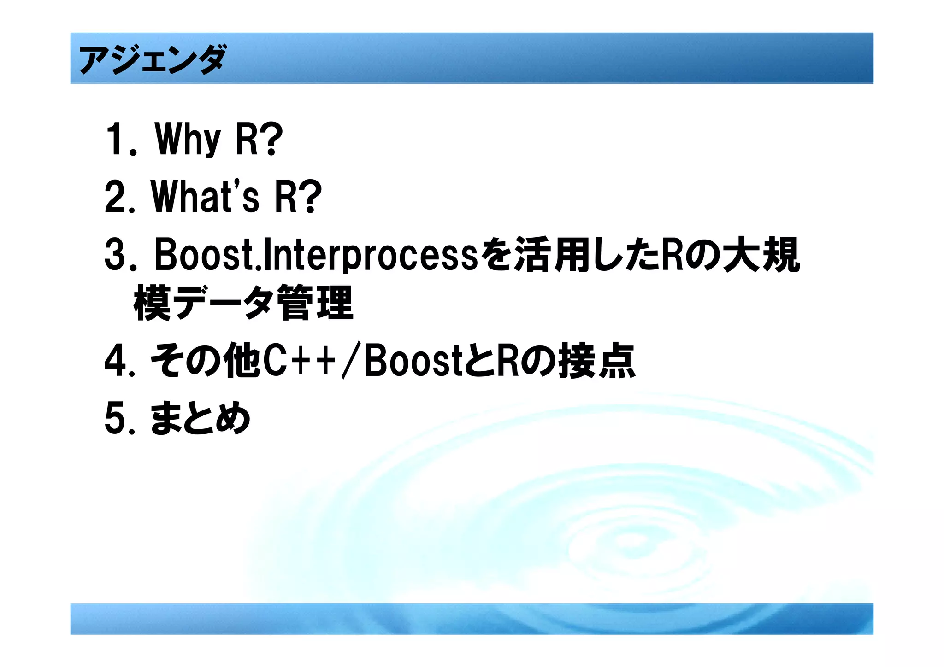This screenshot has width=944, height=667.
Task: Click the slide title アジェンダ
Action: coord(152,59)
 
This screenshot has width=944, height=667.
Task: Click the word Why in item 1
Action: coord(188,139)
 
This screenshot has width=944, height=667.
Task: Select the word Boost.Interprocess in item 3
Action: coord(316,255)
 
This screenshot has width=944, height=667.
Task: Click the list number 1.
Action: coord(115,139)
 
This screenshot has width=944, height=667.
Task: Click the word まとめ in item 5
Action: coord(201,418)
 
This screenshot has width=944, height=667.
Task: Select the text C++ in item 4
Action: coord(300,362)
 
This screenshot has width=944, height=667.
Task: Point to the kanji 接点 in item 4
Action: coord(597,362)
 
